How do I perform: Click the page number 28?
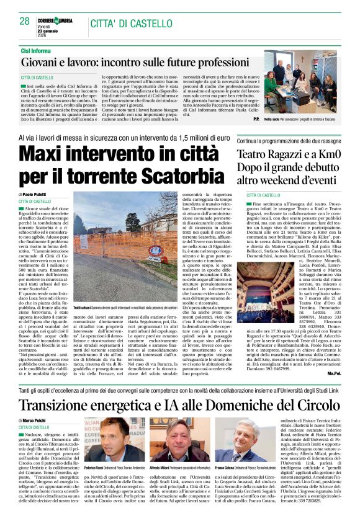[x=24, y=22]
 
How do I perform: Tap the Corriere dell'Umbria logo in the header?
[x=58, y=20]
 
